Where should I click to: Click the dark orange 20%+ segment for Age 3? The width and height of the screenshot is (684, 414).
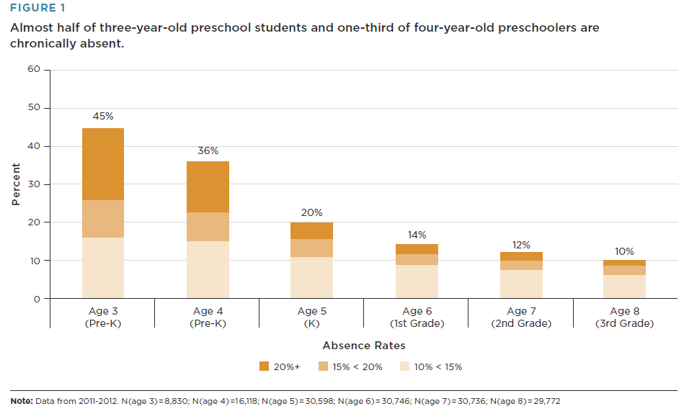coord(103,164)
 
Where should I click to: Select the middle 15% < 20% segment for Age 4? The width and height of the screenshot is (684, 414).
coord(208,227)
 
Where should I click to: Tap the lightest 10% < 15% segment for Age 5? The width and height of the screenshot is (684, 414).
coord(311,277)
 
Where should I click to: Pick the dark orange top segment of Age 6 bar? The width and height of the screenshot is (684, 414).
coord(417,249)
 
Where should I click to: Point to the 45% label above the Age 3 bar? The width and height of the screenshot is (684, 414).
coord(103,116)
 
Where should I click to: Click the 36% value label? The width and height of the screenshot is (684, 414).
coord(208,150)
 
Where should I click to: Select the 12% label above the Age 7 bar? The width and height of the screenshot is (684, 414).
coord(521,245)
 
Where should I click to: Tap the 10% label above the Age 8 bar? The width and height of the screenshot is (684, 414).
coord(625,251)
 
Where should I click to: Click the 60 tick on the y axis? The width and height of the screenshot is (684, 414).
coord(34,70)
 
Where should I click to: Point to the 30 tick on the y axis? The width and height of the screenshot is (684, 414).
coord(34,184)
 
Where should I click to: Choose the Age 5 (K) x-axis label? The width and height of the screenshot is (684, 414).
coord(312,318)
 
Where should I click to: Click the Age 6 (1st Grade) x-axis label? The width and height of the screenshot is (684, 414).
coord(417,318)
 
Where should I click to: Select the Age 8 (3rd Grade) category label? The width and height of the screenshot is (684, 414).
coord(625,318)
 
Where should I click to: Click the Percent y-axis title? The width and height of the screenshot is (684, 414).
coord(16,184)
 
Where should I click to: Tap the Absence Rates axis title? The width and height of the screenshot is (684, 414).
coord(364,346)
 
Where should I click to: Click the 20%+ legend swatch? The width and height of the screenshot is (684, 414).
coord(264,366)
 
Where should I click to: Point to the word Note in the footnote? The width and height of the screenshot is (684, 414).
coord(21,401)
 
